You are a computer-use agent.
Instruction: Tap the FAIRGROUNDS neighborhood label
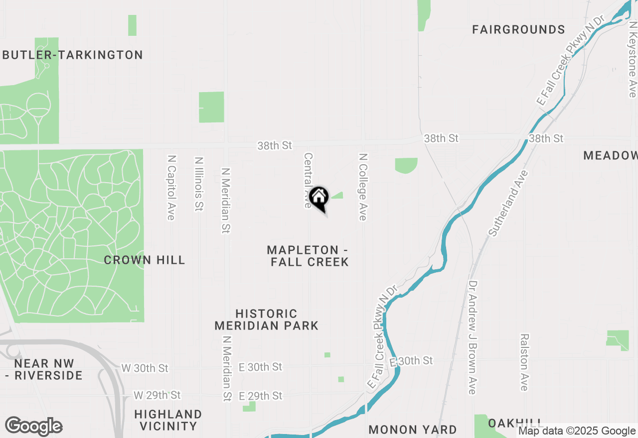pos(518,30)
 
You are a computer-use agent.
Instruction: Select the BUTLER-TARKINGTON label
pos(73,55)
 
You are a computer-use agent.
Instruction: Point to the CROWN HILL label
pos(144,260)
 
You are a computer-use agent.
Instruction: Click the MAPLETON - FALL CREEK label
pos(309,256)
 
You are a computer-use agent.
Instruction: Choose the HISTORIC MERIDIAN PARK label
pos(266,320)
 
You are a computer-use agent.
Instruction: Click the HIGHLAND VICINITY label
pos(168,420)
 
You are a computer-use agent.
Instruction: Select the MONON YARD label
pos(413,430)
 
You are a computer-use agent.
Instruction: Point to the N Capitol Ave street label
pos(171,187)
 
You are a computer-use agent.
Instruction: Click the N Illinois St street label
pos(199,184)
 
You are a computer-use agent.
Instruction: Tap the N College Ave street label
pos(363,186)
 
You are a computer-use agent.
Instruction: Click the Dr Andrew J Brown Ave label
pos(472,337)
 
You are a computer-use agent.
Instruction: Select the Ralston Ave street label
pos(524,362)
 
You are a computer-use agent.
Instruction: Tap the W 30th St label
pos(145,368)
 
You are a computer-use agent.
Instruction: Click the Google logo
pos(34,426)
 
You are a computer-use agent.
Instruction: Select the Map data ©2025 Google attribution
pos(577,431)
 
